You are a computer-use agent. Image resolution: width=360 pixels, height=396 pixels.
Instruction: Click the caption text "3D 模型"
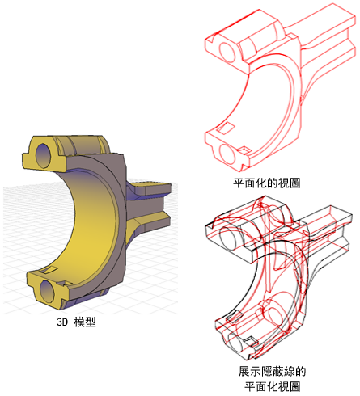click(x=76, y=322)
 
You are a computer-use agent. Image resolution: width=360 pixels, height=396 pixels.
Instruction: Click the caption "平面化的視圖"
click(x=267, y=183)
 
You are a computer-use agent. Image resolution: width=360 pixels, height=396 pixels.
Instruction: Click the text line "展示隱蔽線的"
click(x=273, y=371)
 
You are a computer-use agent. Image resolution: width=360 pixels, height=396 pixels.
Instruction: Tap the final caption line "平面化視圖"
click(x=273, y=387)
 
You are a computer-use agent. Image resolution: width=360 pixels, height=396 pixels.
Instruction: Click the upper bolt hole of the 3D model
click(x=43, y=155)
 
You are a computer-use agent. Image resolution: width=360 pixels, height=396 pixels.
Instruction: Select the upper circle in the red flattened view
click(x=227, y=51)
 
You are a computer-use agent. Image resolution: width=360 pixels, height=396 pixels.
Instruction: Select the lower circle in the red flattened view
click(x=227, y=154)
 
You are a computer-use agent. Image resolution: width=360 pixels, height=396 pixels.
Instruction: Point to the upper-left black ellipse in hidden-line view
click(x=228, y=237)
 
